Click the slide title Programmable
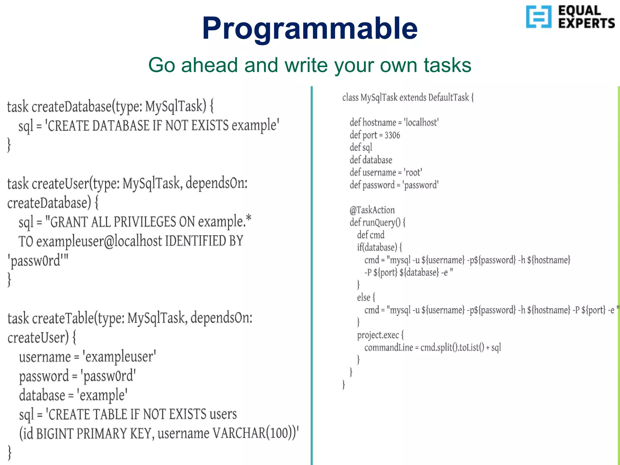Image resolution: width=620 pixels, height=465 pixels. point(310,29)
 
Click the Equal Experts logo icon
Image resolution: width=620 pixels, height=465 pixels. point(539,17)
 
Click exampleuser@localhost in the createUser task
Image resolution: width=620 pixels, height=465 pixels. point(99,241)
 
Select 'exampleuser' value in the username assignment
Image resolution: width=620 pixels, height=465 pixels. point(119,357)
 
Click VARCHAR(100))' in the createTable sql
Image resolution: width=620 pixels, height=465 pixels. point(256,433)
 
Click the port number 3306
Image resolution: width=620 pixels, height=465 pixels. point(392,135)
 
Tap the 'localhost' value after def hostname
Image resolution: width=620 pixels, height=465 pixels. point(421,123)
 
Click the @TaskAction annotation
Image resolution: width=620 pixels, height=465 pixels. point(372,210)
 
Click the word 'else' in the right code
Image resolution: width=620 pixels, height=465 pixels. point(363,298)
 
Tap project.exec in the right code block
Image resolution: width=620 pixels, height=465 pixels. point(378,335)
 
